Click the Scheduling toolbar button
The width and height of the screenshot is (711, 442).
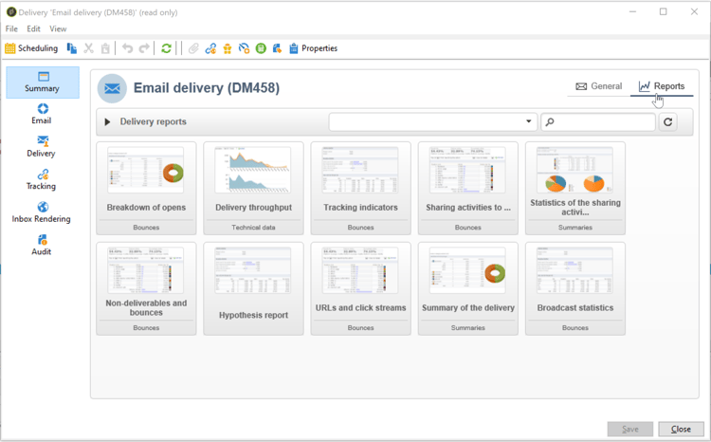pos(31,48)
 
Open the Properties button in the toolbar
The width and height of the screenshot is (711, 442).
pos(313,48)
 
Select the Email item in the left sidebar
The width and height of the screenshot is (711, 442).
pos(42,114)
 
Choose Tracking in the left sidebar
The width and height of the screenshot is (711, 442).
pos(42,179)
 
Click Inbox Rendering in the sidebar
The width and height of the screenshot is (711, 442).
pos(42,212)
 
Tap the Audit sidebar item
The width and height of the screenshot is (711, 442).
pos(42,245)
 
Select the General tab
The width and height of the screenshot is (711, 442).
pos(599,86)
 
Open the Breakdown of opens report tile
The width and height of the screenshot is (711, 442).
pos(146,188)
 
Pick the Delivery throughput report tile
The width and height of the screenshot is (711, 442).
pos(253,188)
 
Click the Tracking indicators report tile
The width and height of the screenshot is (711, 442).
pos(360,188)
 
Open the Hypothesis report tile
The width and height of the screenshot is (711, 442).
pos(253,288)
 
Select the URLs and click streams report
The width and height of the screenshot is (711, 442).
pos(360,288)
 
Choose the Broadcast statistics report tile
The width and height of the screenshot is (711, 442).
pos(574,288)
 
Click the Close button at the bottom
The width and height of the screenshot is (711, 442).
pos(681,429)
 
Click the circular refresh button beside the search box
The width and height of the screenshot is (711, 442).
pos(668,122)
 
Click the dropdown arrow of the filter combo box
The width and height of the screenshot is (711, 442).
pos(529,122)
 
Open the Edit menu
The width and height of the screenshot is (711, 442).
pos(33,29)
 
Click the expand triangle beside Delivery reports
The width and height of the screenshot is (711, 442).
pos(108,122)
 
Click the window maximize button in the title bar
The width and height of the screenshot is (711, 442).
pos(663,11)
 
